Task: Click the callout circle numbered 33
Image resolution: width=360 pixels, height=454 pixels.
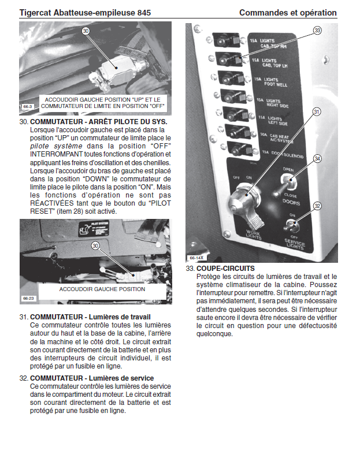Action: point(317,30)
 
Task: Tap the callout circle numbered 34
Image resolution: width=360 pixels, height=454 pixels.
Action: point(317,158)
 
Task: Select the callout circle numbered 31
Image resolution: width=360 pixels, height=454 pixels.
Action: point(317,111)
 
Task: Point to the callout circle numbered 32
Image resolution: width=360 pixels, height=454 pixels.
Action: point(317,205)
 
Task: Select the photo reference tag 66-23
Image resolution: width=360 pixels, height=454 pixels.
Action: point(28,299)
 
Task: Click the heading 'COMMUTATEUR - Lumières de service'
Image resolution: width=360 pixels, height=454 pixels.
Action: point(92,378)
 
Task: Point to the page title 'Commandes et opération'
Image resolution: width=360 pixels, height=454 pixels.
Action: point(287,12)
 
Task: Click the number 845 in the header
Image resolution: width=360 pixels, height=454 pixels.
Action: point(142,12)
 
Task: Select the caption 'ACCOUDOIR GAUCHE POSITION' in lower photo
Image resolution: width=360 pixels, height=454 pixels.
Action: point(102,288)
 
